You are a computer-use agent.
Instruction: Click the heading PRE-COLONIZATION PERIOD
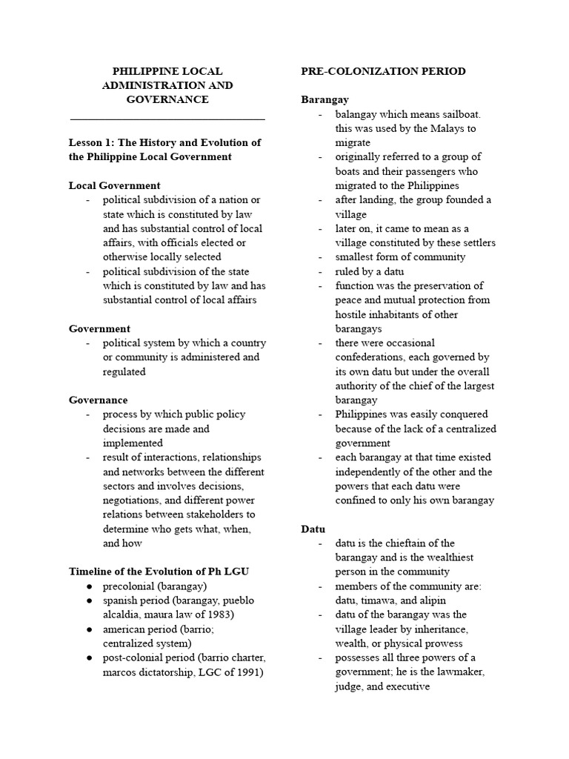pyautogui.click(x=383, y=71)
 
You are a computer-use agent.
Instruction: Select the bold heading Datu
pyautogui.click(x=313, y=528)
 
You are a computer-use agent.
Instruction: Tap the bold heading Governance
pyautogui.click(x=98, y=400)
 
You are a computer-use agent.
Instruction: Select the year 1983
pyautogui.click(x=221, y=614)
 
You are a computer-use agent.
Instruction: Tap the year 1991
pyautogui.click(x=247, y=672)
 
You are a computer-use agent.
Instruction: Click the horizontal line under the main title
pyautogui.click(x=167, y=119)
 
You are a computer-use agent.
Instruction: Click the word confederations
pyautogui.click(x=378, y=357)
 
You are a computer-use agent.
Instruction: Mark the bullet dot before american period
pyautogui.click(x=88, y=629)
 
